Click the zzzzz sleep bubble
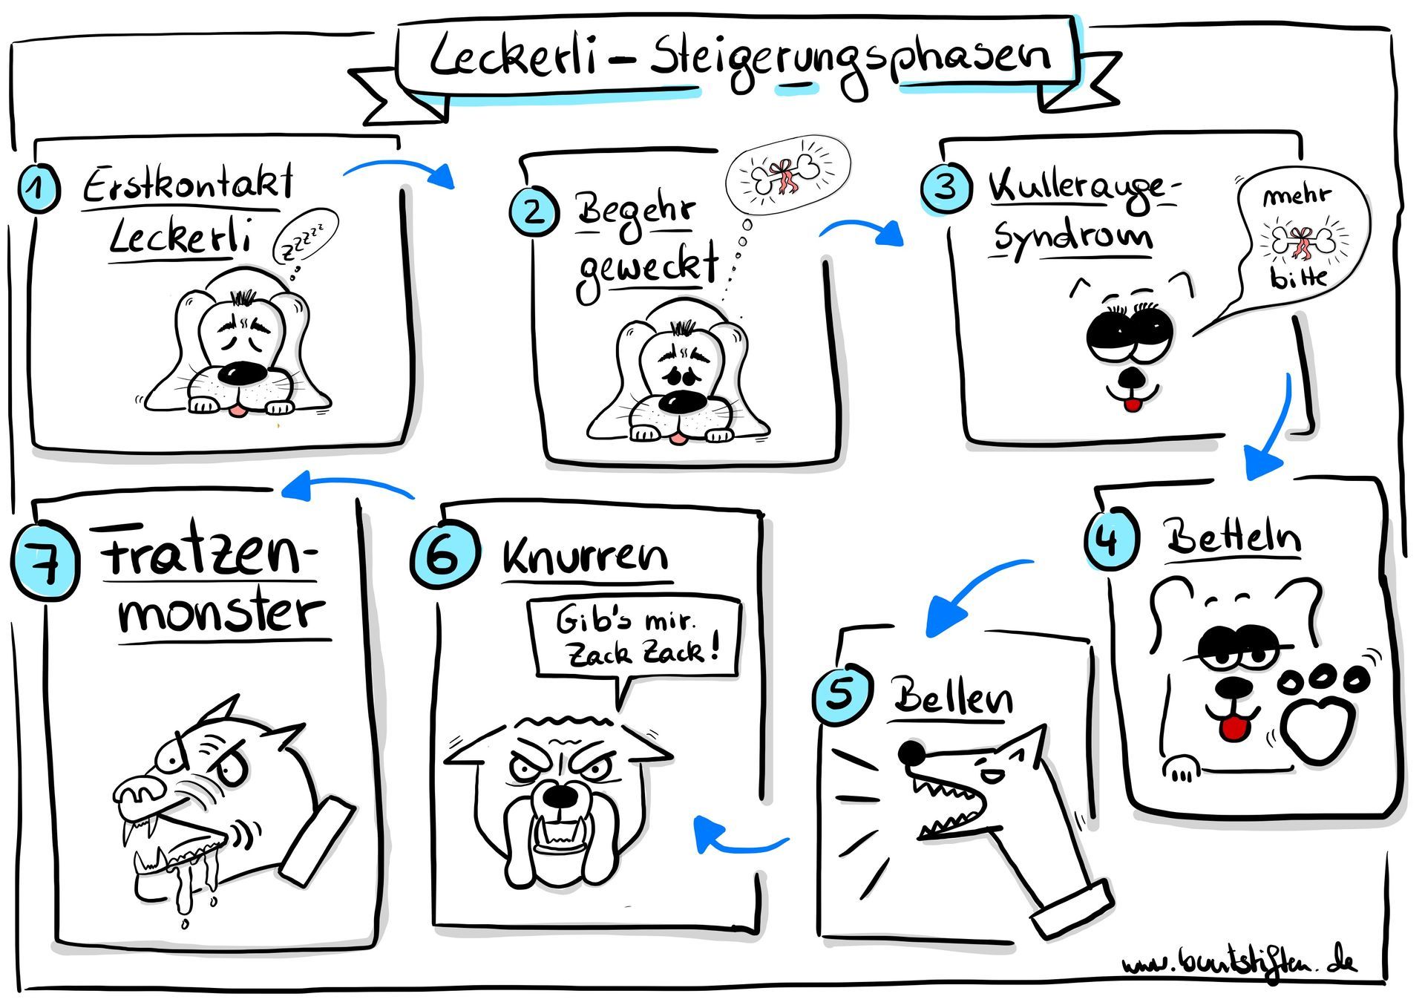coord(305,237)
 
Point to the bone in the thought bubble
coord(785,175)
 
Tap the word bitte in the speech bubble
coord(1298,277)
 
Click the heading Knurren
coord(586,557)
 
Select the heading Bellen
coord(953,697)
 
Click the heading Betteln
coord(1232,537)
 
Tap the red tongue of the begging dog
coord(1234,728)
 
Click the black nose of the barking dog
coord(911,753)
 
